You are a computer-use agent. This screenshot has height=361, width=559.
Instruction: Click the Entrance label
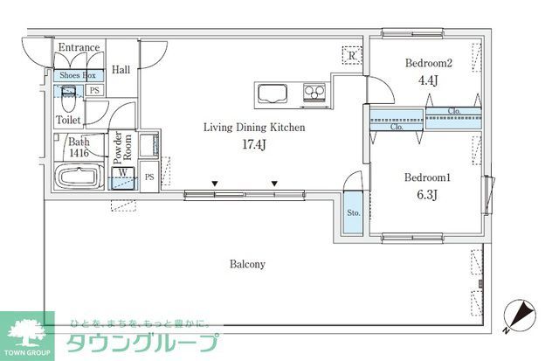coord(79,47)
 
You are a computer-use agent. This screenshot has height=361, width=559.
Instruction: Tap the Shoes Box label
coord(78,76)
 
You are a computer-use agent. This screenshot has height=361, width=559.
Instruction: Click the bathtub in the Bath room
coord(81,177)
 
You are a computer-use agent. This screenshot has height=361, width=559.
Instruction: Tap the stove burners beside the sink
coord(314,92)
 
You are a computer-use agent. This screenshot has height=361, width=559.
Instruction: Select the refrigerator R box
coord(351,55)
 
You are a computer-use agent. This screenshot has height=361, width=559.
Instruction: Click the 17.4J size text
coord(253,144)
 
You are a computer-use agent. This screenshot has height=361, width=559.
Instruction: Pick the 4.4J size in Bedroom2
coord(427,80)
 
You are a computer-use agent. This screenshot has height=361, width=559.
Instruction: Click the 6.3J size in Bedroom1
coord(426,194)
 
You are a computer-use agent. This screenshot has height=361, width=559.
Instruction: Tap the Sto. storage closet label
coord(354,212)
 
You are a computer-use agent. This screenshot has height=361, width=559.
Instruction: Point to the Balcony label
coord(247,263)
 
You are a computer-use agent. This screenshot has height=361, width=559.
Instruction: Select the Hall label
coord(121,71)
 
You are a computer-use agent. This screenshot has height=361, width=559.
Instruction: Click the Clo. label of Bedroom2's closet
coord(454,111)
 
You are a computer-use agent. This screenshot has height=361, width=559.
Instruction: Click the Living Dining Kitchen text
coord(253,128)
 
